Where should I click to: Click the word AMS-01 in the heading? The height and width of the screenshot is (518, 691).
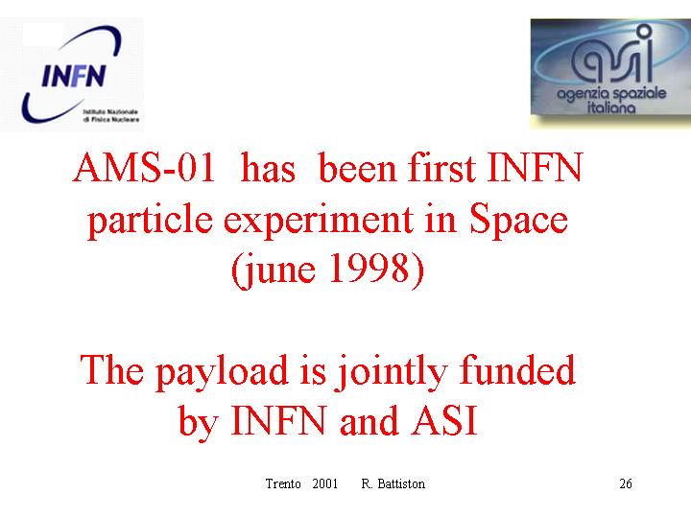(144, 167)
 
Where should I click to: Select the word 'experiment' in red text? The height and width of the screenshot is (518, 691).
(319, 220)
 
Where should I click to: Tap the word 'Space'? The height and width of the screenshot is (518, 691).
(518, 219)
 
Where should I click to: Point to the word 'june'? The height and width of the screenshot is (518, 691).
(278, 270)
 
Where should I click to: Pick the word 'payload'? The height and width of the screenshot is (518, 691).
(223, 372)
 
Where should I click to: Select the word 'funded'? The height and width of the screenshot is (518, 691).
(517, 369)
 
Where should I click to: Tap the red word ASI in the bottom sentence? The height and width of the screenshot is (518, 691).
(444, 420)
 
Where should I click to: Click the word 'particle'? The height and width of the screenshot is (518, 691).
(151, 220)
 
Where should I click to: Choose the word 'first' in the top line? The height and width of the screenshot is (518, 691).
(442, 167)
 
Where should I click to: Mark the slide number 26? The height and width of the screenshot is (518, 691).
(626, 483)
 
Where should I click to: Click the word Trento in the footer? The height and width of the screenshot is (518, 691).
(283, 483)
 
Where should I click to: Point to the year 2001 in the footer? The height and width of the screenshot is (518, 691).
(324, 483)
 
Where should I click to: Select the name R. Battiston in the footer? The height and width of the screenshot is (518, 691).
(393, 483)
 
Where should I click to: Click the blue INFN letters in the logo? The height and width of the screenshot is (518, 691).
(74, 76)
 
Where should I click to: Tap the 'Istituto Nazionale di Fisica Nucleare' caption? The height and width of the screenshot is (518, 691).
(111, 115)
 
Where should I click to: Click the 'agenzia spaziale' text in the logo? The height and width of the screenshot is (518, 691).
(611, 94)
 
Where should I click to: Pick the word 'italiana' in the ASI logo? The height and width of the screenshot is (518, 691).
(611, 107)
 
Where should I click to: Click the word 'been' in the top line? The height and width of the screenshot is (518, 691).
(357, 167)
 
